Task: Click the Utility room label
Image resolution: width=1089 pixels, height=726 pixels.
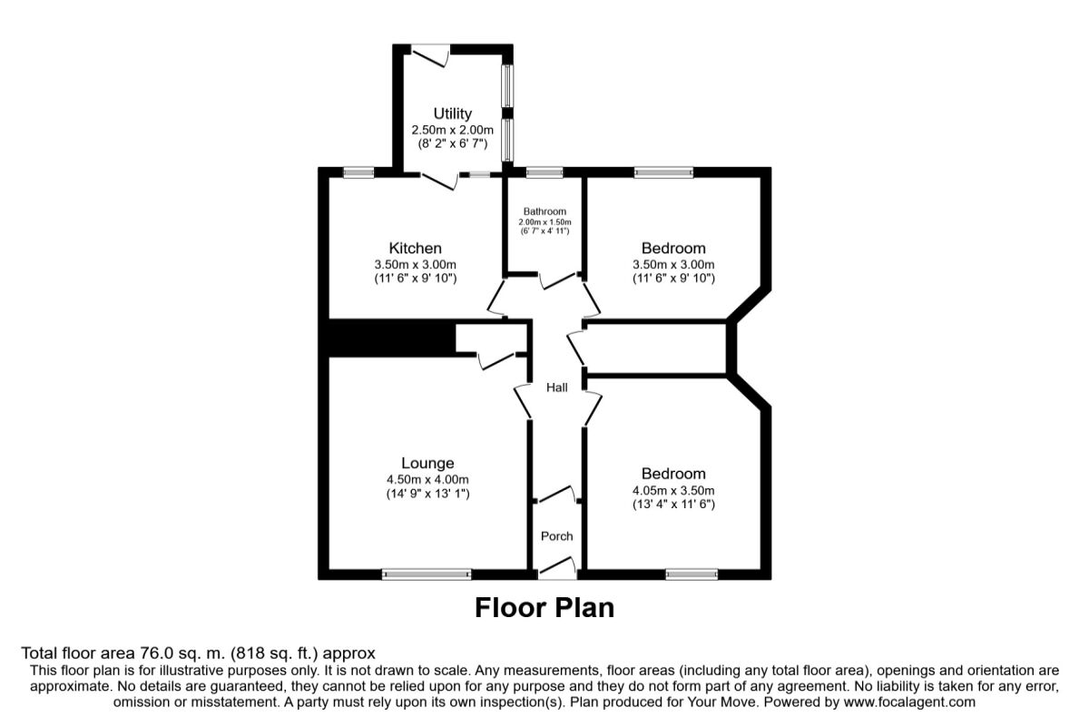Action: pyautogui.click(x=452, y=113)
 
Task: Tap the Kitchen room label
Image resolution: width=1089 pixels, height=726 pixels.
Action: pyautogui.click(x=415, y=248)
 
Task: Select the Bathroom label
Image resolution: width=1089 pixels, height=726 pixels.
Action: pyautogui.click(x=544, y=211)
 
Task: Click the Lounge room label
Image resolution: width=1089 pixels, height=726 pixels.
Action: pyautogui.click(x=427, y=463)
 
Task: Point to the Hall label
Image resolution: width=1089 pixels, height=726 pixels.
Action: pyautogui.click(x=556, y=388)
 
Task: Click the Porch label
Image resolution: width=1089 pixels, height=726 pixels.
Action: pyautogui.click(x=556, y=535)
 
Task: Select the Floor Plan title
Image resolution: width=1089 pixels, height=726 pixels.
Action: pyautogui.click(x=544, y=607)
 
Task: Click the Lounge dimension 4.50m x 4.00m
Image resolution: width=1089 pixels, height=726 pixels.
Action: pyautogui.click(x=427, y=480)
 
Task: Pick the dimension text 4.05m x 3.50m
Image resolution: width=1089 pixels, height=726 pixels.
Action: pyautogui.click(x=673, y=490)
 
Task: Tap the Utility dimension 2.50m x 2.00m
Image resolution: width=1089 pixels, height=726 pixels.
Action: pyautogui.click(x=452, y=130)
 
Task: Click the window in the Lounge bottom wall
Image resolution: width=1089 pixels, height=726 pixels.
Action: pyautogui.click(x=427, y=574)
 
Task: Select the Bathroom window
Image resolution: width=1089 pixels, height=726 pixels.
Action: pyautogui.click(x=544, y=172)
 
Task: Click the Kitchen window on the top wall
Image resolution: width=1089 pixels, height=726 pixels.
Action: pyautogui.click(x=358, y=172)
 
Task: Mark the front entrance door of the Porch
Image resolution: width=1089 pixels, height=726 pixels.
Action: pyautogui.click(x=556, y=566)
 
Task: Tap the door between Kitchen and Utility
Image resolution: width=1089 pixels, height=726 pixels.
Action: pyautogui.click(x=438, y=181)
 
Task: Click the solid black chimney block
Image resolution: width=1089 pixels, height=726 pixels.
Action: pyautogui.click(x=390, y=338)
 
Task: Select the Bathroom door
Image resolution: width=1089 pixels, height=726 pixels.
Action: pyautogui.click(x=556, y=280)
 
